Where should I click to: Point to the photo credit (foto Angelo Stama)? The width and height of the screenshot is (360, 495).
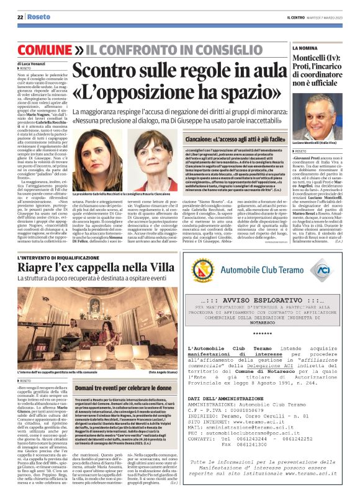148,371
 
